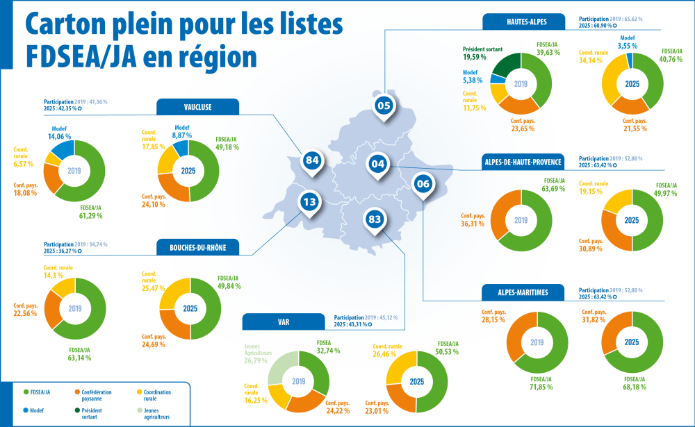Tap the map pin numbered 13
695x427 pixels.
tap(310, 203)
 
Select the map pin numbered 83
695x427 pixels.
tap(375, 220)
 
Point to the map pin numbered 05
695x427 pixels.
tap(384, 105)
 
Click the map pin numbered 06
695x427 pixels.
tap(422, 184)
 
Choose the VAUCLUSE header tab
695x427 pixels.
tap(198, 107)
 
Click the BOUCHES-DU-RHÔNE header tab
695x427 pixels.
tap(198, 247)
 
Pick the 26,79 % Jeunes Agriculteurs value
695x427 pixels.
tap(256, 360)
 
